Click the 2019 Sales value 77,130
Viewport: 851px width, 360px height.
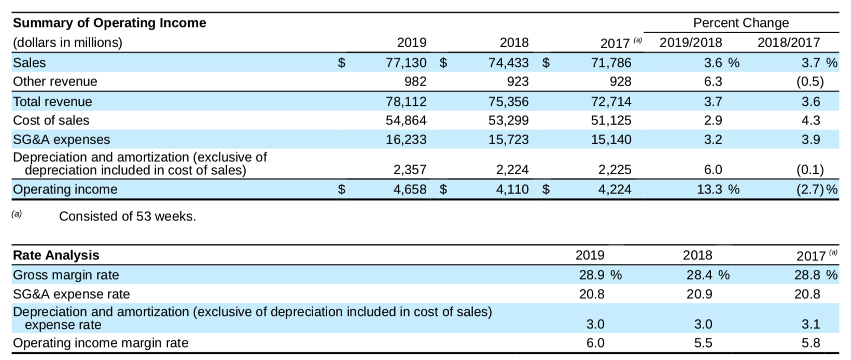tap(406, 63)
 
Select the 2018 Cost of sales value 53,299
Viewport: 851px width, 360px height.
tap(508, 120)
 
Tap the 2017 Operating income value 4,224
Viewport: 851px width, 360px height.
tap(615, 189)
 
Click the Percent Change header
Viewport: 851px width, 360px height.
tap(741, 23)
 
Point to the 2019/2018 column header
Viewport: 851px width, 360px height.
tap(690, 43)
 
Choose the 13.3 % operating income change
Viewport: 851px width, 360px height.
tap(717, 189)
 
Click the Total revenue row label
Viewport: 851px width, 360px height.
tap(52, 102)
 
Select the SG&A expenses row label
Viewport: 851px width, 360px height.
tap(61, 140)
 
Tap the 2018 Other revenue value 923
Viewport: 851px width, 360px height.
tap(518, 81)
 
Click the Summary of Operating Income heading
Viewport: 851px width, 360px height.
tap(109, 23)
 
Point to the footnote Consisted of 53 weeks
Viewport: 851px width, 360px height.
tap(128, 216)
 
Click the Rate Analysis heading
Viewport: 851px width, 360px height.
tap(56, 255)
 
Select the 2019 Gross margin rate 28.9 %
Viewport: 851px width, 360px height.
tap(600, 275)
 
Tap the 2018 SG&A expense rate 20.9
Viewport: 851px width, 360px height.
tap(699, 294)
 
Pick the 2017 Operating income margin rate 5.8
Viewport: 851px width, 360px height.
tap(811, 343)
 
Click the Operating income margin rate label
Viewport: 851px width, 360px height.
tap(101, 343)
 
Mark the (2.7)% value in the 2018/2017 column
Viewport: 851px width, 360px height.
tap(816, 189)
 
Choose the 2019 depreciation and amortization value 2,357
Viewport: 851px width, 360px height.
tap(410, 170)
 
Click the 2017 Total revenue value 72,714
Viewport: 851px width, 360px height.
tap(611, 102)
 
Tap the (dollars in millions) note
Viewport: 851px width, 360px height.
tap(67, 43)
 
